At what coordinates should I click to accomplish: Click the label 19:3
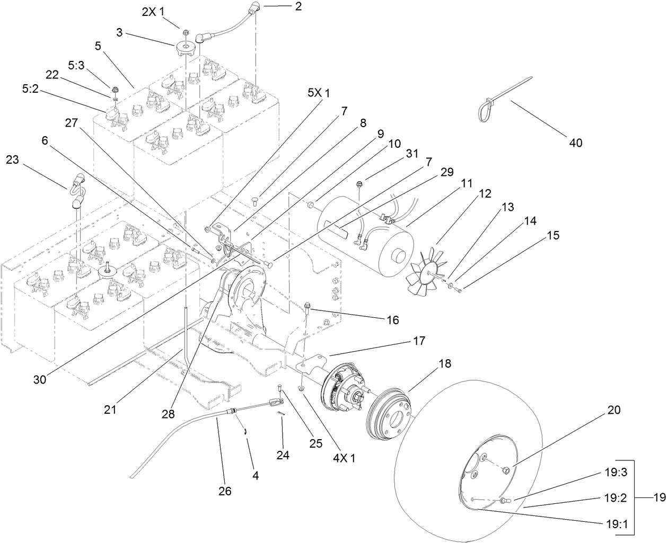coord(616,473)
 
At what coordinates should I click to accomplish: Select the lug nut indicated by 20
coord(506,469)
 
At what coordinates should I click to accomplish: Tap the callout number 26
coord(225,491)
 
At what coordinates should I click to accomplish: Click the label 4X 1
coord(344,458)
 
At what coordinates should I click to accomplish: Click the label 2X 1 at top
coord(153,11)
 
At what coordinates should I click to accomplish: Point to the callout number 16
coord(392,319)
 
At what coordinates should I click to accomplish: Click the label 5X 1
coord(319,93)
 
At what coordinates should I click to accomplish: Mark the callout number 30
coord(41,379)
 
